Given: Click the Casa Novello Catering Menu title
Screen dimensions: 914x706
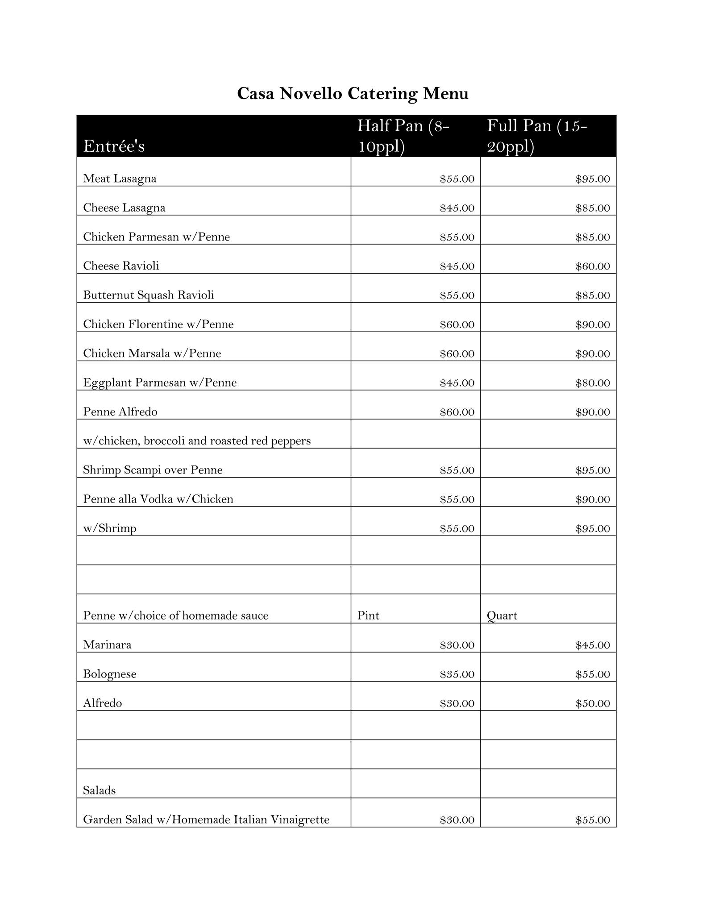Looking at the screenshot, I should click(x=353, y=94).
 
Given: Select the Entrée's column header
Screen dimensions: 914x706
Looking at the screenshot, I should click(x=114, y=146).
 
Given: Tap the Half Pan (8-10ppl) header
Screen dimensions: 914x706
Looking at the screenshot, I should click(x=403, y=136).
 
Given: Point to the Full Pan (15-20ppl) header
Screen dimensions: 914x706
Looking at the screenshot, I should click(x=537, y=136).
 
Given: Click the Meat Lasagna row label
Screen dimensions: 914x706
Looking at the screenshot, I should click(x=120, y=179).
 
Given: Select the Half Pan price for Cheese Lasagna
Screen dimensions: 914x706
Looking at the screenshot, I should click(x=457, y=208).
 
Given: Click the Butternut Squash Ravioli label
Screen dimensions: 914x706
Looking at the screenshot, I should click(x=148, y=295).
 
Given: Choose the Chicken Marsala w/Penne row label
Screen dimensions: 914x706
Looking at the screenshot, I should click(x=152, y=353).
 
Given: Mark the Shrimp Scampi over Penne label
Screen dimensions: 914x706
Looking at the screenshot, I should click(x=153, y=470).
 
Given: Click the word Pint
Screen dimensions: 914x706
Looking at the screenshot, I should click(x=368, y=616).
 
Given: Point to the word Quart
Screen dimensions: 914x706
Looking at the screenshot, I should click(x=502, y=616).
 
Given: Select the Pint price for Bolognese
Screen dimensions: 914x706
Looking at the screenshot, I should click(x=457, y=674).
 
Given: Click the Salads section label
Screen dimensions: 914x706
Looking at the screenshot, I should click(x=99, y=791).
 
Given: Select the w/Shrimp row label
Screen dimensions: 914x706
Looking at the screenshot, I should click(x=110, y=528).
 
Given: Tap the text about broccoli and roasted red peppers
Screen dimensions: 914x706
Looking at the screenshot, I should click(x=197, y=441).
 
